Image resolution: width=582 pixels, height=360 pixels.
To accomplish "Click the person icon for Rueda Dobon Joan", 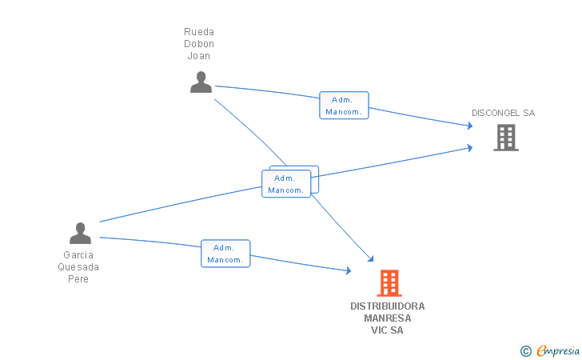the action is coord(201,82).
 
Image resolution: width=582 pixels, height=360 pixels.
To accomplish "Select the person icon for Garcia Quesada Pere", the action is coord(80,233).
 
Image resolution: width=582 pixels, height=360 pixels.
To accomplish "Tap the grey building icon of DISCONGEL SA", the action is coord(506,138).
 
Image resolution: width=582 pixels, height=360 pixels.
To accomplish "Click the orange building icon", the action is coord(389,283).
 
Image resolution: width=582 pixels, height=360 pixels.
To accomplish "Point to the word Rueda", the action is coord(199,31).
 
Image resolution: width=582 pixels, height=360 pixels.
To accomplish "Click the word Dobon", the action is coord(199,44).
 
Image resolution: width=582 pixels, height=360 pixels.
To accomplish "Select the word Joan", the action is coord(198,56).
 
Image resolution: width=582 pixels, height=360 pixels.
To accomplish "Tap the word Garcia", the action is coord(78,255).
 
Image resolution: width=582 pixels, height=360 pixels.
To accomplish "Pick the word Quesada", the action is coord(78,266).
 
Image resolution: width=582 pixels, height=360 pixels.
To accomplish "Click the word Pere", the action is coord(78,278).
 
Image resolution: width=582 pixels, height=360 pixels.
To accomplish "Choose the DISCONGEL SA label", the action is coord(504,113).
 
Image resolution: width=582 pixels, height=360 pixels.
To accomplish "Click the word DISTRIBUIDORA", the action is coord(388,306).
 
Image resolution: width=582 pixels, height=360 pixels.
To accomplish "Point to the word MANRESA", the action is coord(388,318).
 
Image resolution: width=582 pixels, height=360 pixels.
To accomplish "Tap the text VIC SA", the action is coord(387,330).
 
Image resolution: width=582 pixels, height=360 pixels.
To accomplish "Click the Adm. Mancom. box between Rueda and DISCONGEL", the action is coord(344,105).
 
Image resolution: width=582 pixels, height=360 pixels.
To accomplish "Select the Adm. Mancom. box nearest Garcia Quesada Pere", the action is coord(225,254).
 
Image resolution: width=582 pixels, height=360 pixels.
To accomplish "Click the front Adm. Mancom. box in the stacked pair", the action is coord(286,183).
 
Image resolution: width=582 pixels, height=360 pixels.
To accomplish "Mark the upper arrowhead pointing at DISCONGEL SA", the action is coord(470,126).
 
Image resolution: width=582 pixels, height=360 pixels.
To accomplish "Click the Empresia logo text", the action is coord(558,350).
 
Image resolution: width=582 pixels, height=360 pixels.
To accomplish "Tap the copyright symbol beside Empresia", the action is coord(526,351).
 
